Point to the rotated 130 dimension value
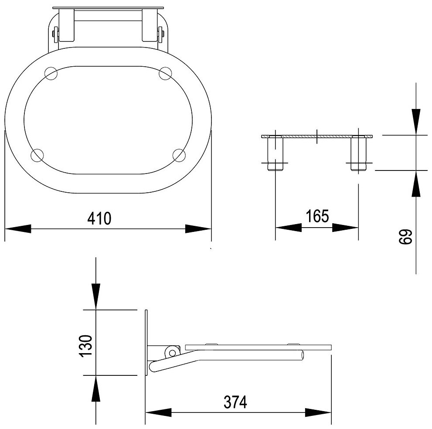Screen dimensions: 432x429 point(86,346)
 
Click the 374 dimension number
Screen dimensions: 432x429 point(236,402)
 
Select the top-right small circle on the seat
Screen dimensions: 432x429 point(165,73)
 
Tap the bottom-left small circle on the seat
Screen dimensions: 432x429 point(37,155)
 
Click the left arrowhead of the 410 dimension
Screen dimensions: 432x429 point(17,228)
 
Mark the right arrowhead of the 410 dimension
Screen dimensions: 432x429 point(198,228)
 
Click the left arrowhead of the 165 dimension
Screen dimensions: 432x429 point(288,228)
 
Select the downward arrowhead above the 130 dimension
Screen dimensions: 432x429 point(95,296)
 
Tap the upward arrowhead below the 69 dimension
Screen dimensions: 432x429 point(416,183)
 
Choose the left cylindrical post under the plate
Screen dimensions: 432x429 point(276,153)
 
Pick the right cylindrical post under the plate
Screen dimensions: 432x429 point(359,153)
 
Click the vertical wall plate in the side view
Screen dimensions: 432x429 point(146,343)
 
